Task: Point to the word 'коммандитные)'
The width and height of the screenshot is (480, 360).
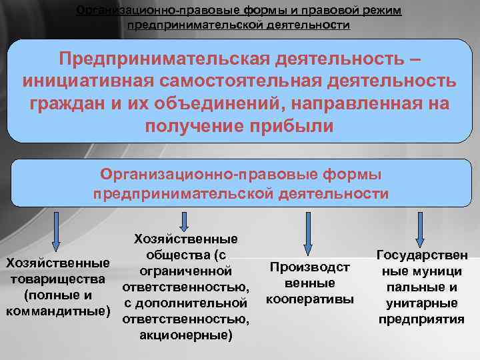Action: pos(57,310)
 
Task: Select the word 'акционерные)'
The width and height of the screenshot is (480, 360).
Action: pos(186,335)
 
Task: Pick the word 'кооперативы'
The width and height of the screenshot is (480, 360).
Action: pos(310,299)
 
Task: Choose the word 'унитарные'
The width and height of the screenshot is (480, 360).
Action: pos(422,303)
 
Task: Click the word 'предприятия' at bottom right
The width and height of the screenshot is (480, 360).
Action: pos(422,319)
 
